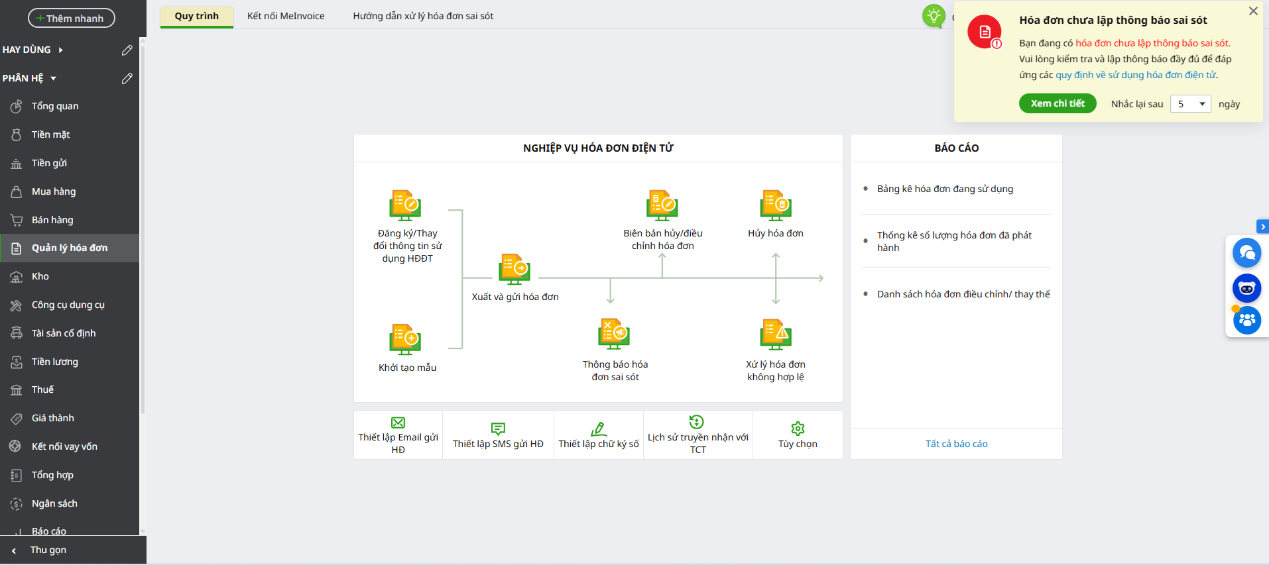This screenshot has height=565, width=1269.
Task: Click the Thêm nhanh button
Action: click(x=72, y=18)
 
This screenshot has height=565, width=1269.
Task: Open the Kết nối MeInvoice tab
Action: click(x=286, y=16)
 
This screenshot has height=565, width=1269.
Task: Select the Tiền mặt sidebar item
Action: click(x=50, y=134)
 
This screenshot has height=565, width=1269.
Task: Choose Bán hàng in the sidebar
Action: click(x=52, y=220)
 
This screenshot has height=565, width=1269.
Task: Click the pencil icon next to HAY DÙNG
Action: click(x=127, y=50)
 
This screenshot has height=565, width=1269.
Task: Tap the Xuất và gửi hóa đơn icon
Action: click(x=514, y=269)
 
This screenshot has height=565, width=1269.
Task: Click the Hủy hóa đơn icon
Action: click(x=776, y=205)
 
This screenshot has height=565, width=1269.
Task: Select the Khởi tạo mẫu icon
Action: click(x=405, y=339)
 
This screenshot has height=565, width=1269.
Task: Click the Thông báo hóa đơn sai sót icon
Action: click(x=614, y=334)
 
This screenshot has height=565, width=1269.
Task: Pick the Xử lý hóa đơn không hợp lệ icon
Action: click(x=776, y=334)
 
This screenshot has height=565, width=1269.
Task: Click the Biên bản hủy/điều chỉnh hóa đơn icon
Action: click(x=662, y=205)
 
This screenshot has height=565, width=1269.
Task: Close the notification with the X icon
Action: click(x=1253, y=11)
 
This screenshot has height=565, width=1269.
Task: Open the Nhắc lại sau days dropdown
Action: click(x=1191, y=104)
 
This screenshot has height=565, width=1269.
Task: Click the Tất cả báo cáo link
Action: click(x=957, y=444)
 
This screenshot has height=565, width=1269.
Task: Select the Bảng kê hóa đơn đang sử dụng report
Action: click(x=945, y=189)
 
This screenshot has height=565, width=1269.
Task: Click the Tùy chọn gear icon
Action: click(x=798, y=429)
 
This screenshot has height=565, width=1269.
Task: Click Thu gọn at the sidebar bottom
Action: click(x=48, y=550)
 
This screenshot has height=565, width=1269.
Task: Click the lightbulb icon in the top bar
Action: click(x=934, y=15)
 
